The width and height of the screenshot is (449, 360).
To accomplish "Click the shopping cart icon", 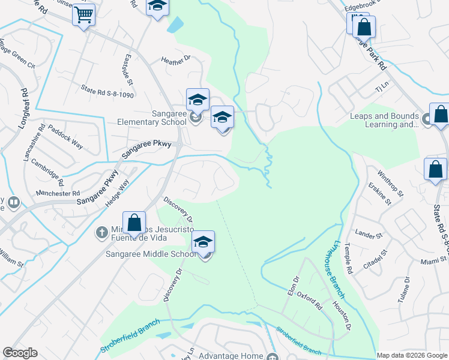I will click(x=84, y=14).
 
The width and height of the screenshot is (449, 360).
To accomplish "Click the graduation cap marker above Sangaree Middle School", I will click(x=203, y=242).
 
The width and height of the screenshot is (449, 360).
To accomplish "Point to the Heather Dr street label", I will click(x=175, y=59).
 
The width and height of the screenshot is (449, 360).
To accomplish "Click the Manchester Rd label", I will click(x=58, y=193).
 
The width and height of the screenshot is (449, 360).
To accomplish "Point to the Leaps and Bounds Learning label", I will click(x=385, y=120).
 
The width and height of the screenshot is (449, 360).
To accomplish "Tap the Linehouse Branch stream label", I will click(x=337, y=269).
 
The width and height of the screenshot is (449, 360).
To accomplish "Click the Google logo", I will click(x=20, y=353).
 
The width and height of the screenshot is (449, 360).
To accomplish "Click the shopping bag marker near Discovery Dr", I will click(x=134, y=223).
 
